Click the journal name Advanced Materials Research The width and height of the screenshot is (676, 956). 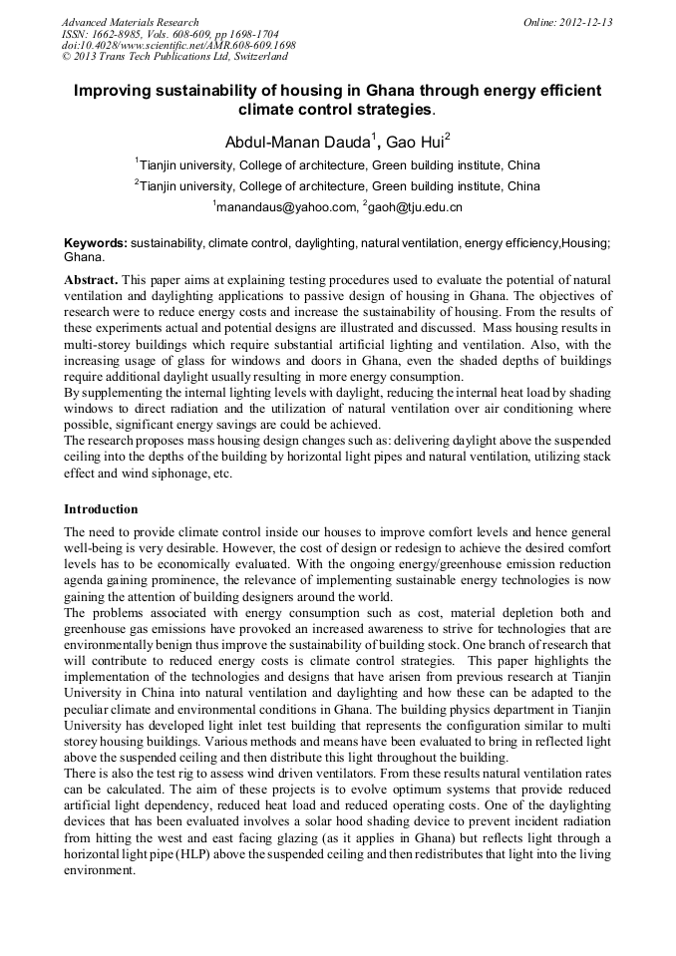coord(130,22)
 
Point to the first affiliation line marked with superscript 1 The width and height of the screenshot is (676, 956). coord(338,164)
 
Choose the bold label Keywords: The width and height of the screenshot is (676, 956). coord(96,242)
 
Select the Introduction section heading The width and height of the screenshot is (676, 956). coord(101,508)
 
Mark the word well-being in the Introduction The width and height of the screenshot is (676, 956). coord(98,547)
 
